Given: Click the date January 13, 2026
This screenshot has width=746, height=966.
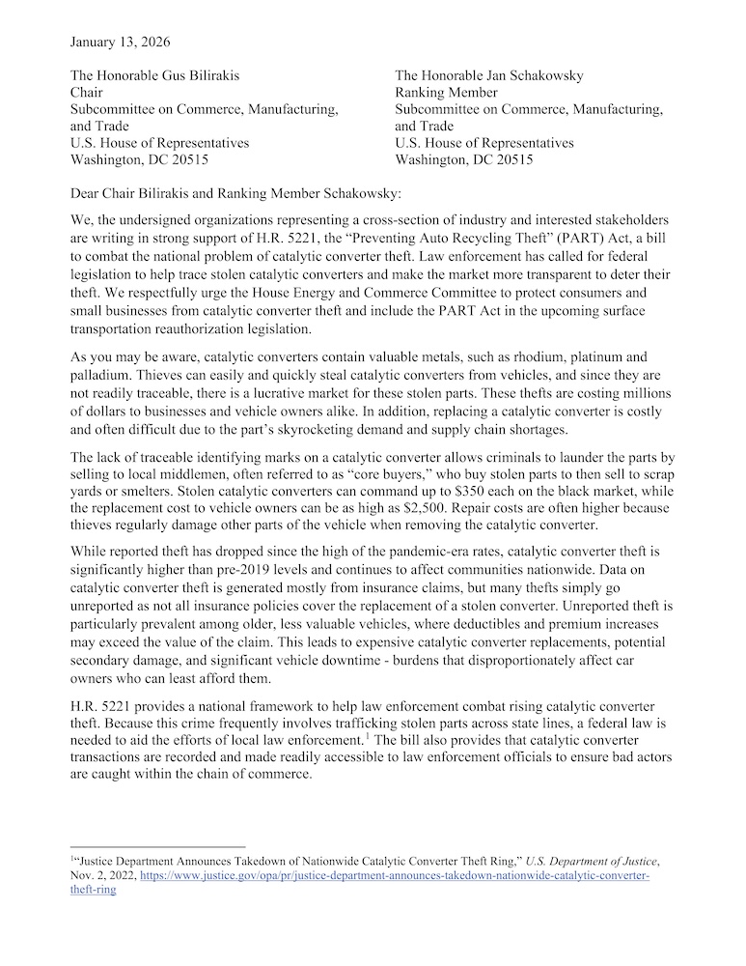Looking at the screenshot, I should click(x=123, y=42).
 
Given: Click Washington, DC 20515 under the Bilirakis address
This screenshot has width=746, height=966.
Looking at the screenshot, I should click(x=140, y=159).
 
